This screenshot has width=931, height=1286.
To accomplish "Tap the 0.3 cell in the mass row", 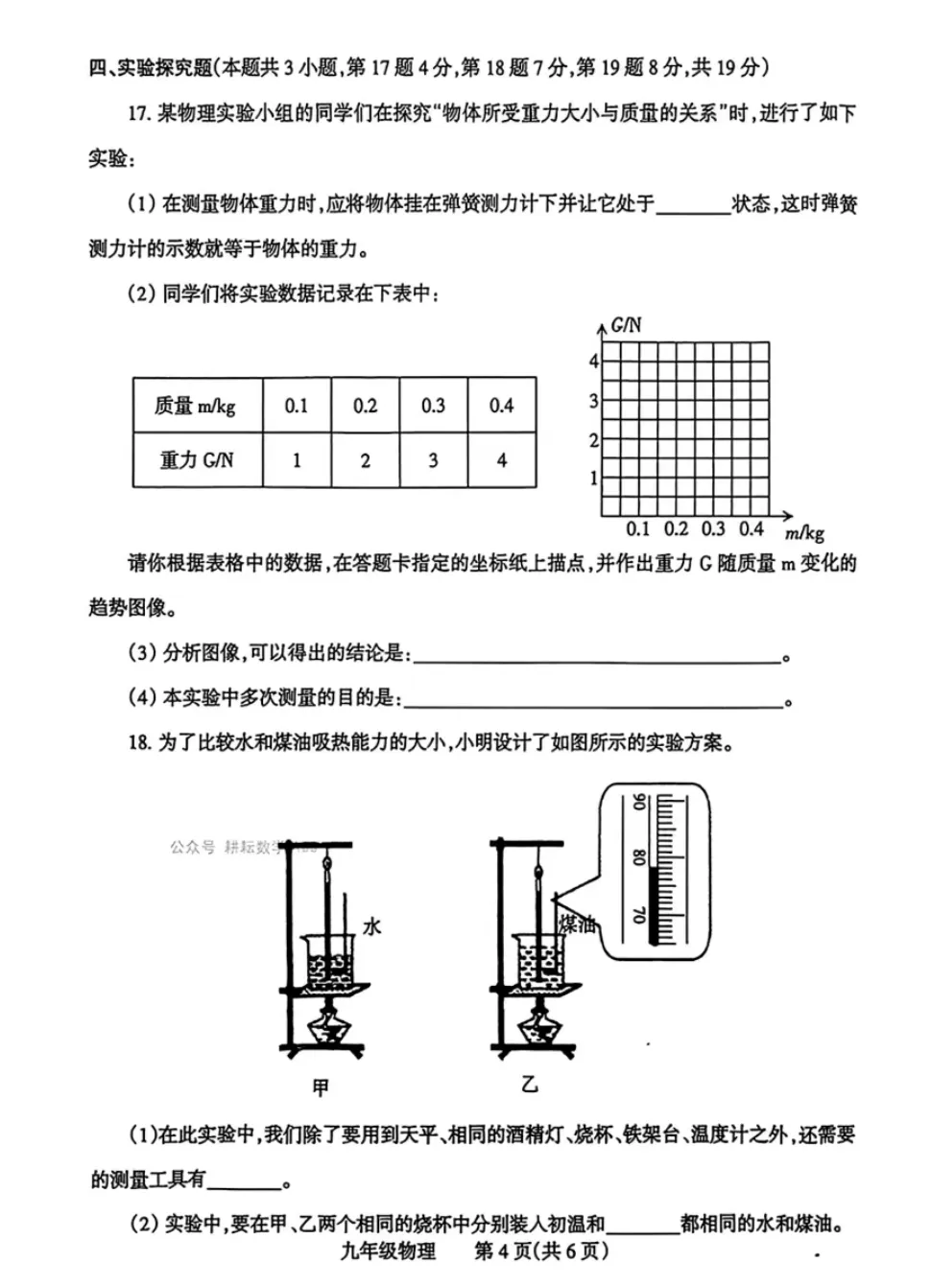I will click(433, 406).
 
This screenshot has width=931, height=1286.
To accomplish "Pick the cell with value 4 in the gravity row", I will click(501, 460).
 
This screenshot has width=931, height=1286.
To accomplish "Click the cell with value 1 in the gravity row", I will click(297, 460).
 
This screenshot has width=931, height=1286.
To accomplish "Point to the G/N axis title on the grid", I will click(627, 325).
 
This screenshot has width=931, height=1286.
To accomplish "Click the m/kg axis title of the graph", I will click(804, 533).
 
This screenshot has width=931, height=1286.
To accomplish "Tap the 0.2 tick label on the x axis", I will click(676, 529).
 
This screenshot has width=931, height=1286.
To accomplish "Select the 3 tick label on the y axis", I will click(593, 401).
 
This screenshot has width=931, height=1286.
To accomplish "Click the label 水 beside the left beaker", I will click(372, 925).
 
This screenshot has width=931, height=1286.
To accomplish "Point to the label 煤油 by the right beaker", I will click(578, 924).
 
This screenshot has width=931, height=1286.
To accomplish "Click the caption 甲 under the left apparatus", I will click(321, 1087).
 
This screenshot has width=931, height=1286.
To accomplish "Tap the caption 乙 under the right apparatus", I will click(529, 1085).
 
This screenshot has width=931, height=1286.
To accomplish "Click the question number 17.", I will click(139, 113).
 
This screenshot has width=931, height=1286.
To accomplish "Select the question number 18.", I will click(139, 742).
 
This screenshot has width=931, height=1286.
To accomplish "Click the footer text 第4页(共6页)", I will click(541, 1251).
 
